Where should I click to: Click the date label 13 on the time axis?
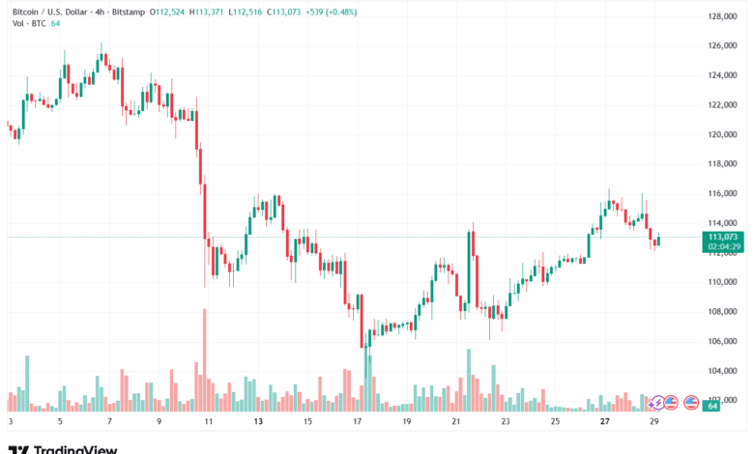[x=257, y=422]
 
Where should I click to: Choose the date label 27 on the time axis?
[x=605, y=422]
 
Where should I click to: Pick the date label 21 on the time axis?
[x=456, y=422]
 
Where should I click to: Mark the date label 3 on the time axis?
[x=10, y=422]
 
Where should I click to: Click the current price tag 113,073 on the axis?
[x=722, y=237]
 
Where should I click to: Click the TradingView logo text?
[x=75, y=448]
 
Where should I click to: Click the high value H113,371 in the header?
[x=210, y=11]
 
